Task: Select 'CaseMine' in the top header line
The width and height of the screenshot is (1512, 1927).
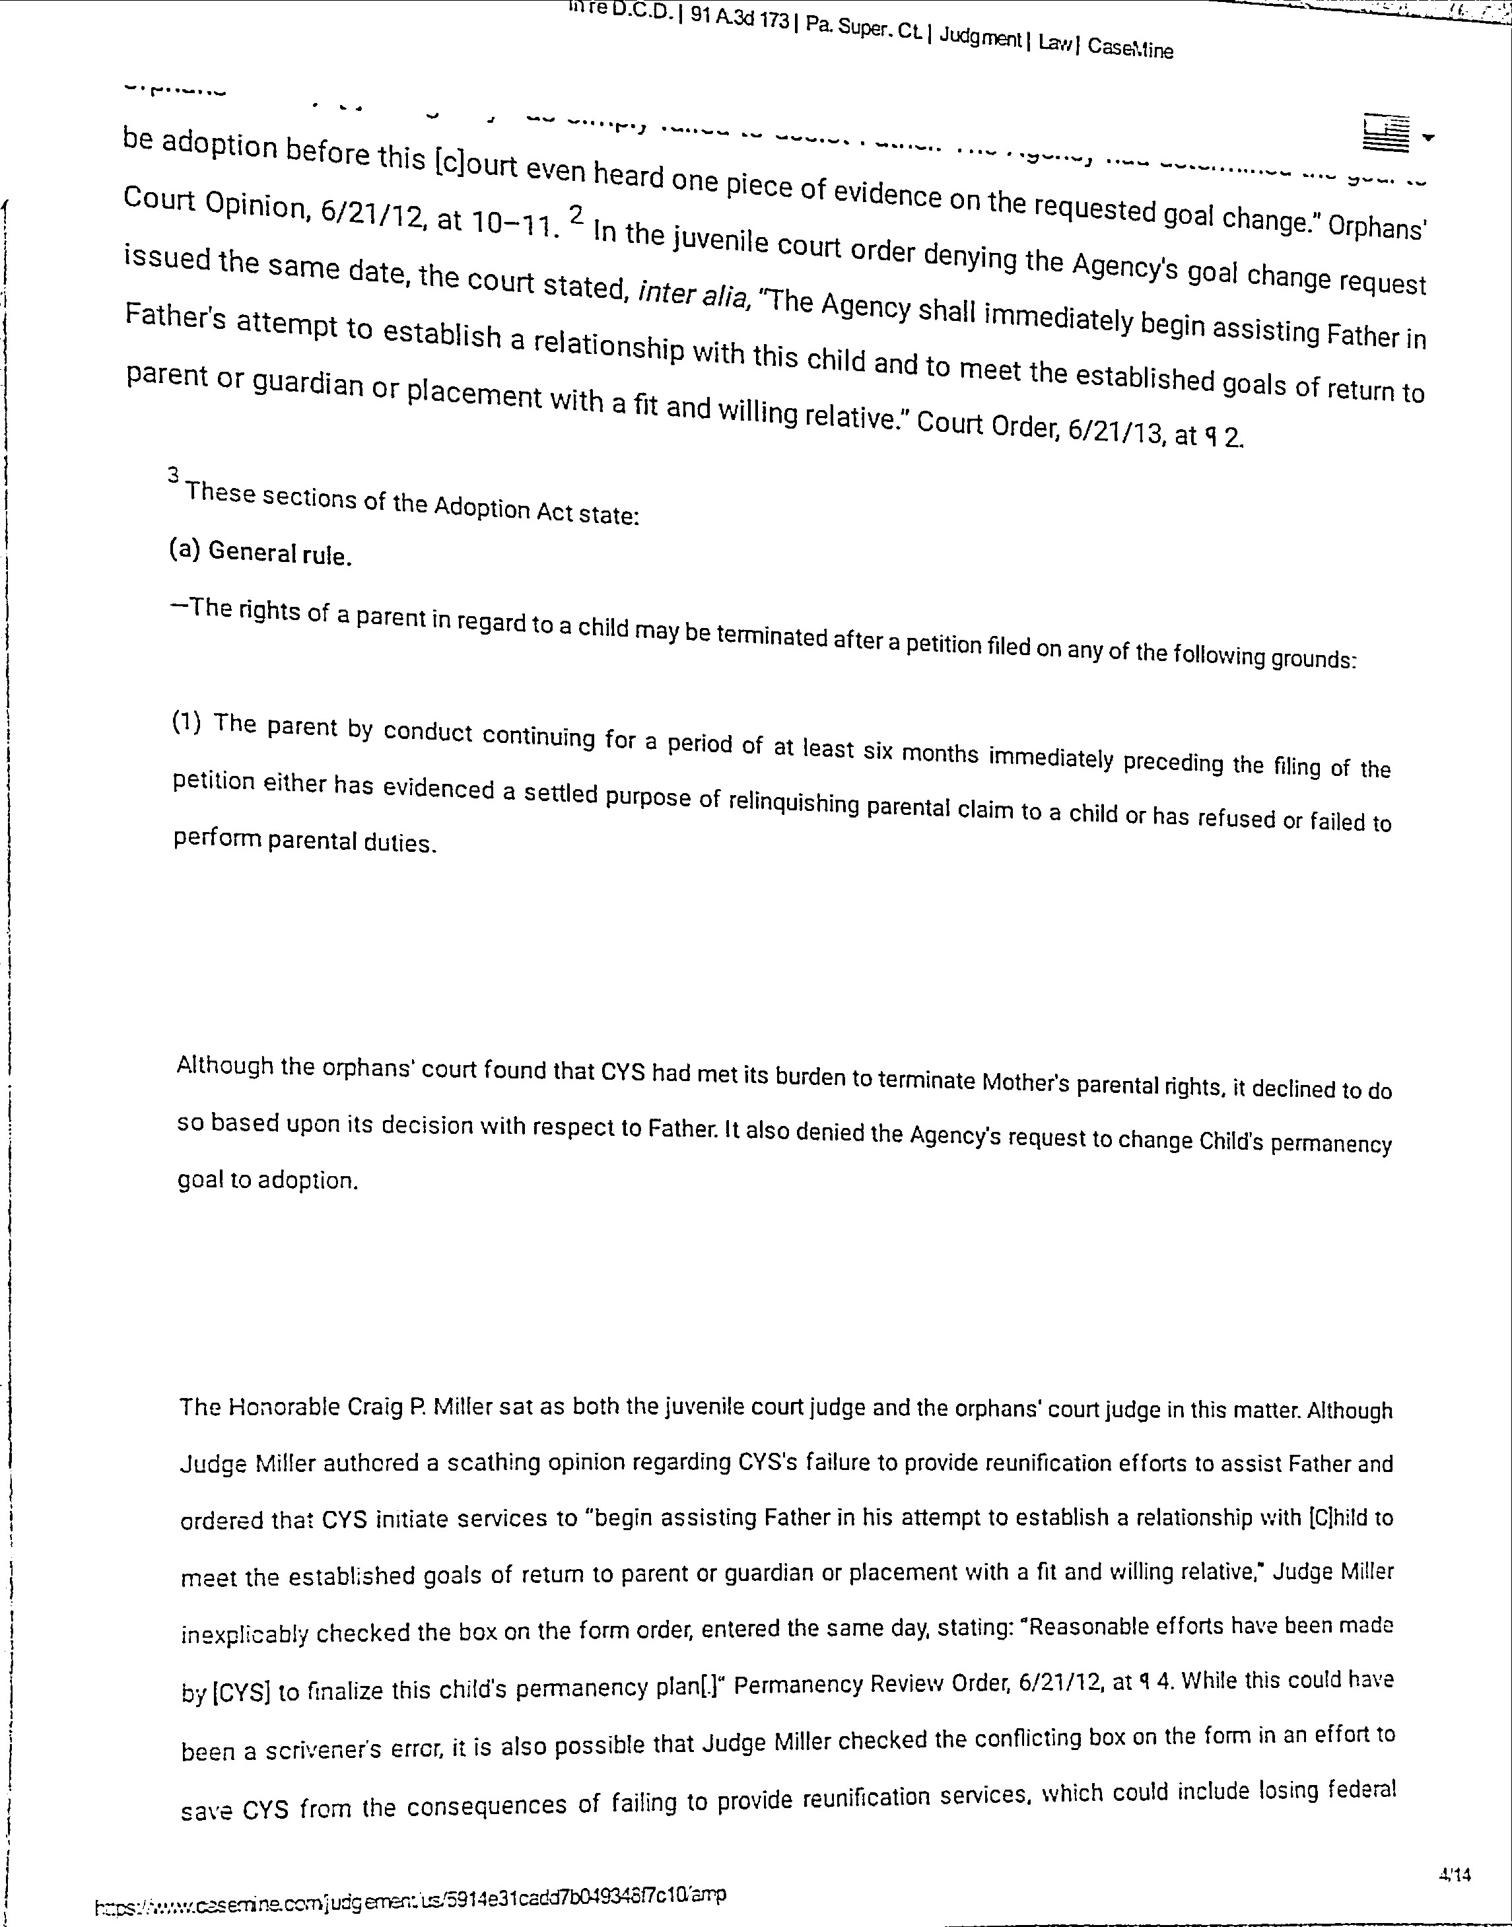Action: click(1130, 48)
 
